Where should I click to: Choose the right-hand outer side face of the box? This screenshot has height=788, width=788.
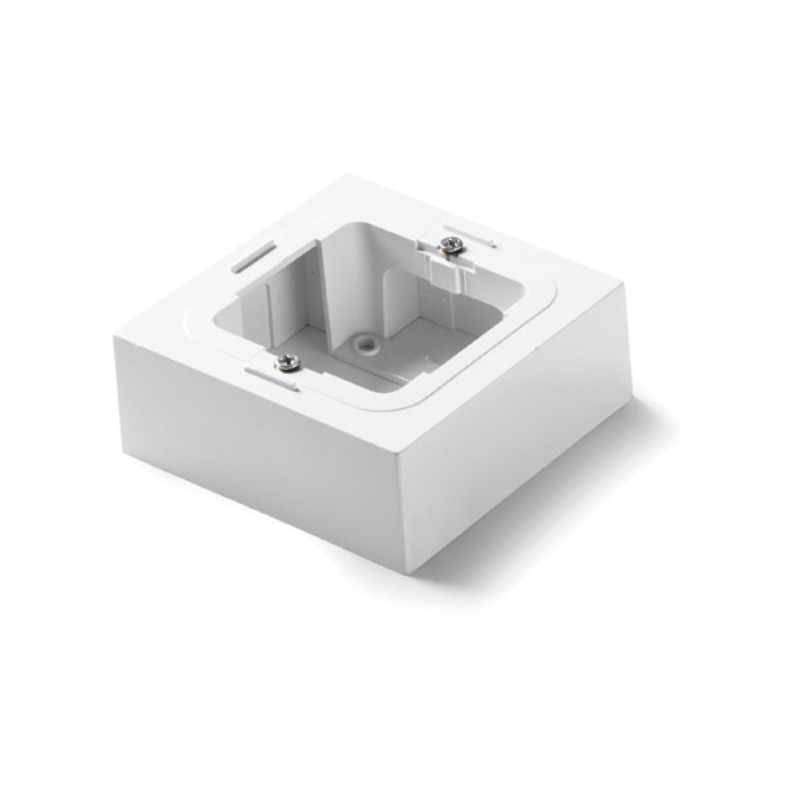pos(523,431)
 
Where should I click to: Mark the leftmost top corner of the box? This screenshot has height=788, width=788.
pos(116,336)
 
